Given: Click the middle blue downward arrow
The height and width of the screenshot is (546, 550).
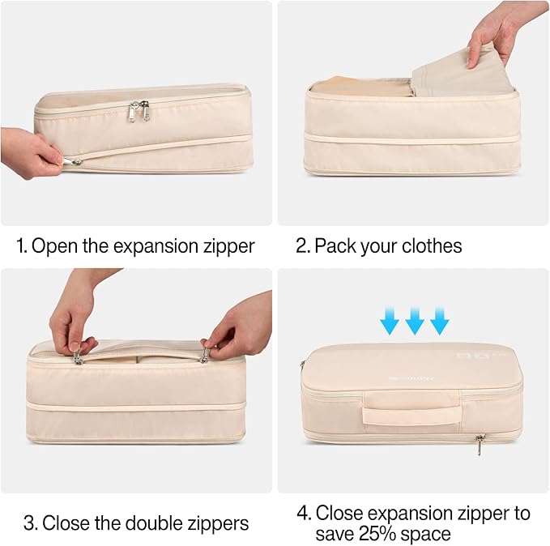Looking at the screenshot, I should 415,322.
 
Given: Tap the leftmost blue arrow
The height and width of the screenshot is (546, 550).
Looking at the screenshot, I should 390,322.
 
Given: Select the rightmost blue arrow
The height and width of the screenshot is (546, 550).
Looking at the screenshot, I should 440,322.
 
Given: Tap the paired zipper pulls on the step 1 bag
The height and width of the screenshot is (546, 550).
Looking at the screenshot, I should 139,111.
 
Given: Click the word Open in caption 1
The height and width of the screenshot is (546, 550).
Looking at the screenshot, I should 56,245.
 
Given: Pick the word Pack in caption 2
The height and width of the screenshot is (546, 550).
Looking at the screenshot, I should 332,245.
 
